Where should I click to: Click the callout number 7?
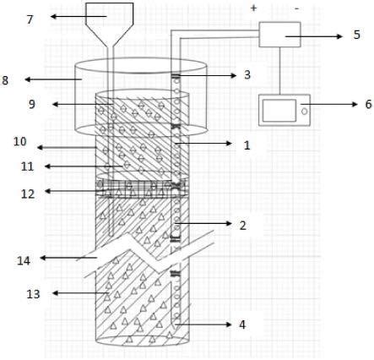pyautogui.click(x=30, y=19)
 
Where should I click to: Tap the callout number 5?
pyautogui.click(x=356, y=35)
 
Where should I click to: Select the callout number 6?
pyautogui.click(x=368, y=104)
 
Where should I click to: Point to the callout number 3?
pyautogui.click(x=247, y=75)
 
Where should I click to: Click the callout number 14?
pyautogui.click(x=24, y=260)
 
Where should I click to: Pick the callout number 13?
pyautogui.click(x=33, y=294)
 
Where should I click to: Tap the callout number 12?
pyautogui.click(x=28, y=194)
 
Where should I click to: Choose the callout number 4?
pyautogui.click(x=242, y=325)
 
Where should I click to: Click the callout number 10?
pyautogui.click(x=20, y=141)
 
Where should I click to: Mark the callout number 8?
pyautogui.click(x=5, y=80)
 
